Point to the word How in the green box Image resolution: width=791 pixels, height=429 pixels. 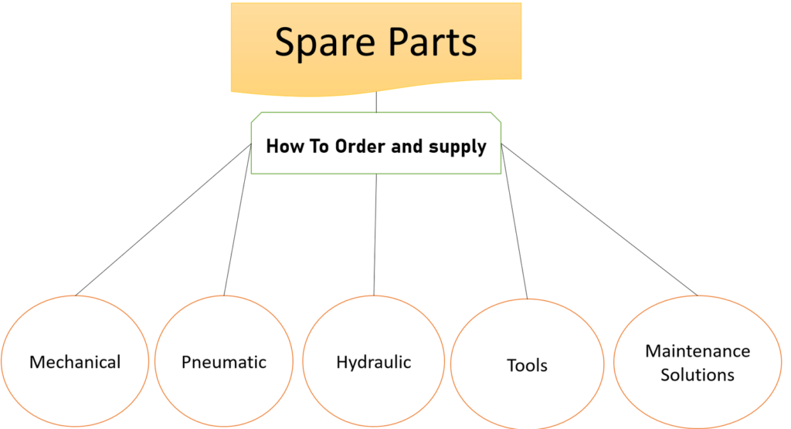coord(282,146)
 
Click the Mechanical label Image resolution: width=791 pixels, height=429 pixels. coord(75,362)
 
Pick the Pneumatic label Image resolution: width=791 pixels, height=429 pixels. coord(224,362)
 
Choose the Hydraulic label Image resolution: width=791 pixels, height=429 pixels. coord(374,362)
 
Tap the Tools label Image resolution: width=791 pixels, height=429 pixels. coord(527,365)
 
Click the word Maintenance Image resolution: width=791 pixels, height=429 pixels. coord(698,351)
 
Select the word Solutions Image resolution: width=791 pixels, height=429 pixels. coord(698,376)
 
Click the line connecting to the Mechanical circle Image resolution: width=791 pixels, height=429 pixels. coord(162,220)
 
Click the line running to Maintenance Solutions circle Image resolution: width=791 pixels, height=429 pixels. coord(599,220)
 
